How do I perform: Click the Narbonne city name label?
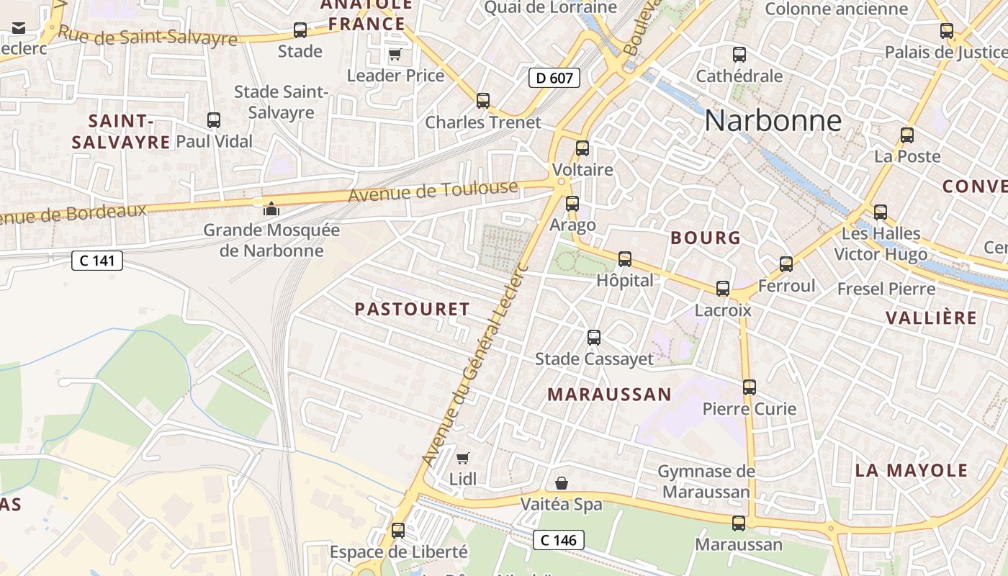[773, 120]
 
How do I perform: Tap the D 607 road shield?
[554, 78]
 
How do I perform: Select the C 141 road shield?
[97, 261]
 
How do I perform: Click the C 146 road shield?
[559, 539]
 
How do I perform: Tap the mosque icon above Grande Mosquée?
[271, 209]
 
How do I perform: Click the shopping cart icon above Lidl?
[463, 458]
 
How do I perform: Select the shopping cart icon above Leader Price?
[395, 54]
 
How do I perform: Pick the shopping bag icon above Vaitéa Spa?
[562, 483]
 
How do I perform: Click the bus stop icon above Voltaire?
[582, 148]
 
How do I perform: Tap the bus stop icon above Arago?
[572, 204]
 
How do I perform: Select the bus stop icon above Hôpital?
[625, 259]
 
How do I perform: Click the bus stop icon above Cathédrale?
[739, 55]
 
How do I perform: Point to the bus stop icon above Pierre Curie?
[750, 387]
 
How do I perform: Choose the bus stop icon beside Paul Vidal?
[214, 120]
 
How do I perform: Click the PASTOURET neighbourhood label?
[412, 310]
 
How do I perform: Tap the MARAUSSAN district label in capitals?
[609, 395]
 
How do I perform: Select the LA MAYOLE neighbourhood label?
[911, 471]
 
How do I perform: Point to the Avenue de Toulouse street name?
[433, 192]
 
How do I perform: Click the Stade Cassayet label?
[594, 359]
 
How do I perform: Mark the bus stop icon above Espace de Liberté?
[398, 531]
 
